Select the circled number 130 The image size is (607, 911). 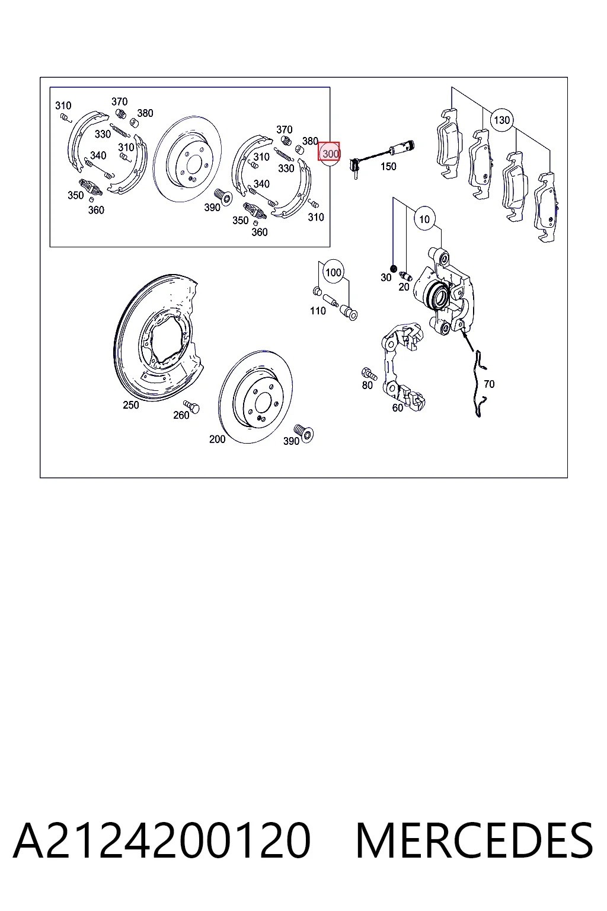501,120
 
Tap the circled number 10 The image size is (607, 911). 424,219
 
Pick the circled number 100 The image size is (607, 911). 333,272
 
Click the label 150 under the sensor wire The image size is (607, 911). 388,166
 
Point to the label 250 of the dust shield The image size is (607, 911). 131,405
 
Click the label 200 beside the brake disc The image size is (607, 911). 217,439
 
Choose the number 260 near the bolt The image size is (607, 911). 181,415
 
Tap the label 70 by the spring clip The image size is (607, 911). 489,384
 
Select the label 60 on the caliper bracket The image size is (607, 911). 397,408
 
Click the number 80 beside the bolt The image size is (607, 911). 367,385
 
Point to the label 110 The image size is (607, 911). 318,311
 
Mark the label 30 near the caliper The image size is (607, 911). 386,278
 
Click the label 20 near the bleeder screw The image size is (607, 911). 404,287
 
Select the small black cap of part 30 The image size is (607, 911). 393,269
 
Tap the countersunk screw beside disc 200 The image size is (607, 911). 303,433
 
